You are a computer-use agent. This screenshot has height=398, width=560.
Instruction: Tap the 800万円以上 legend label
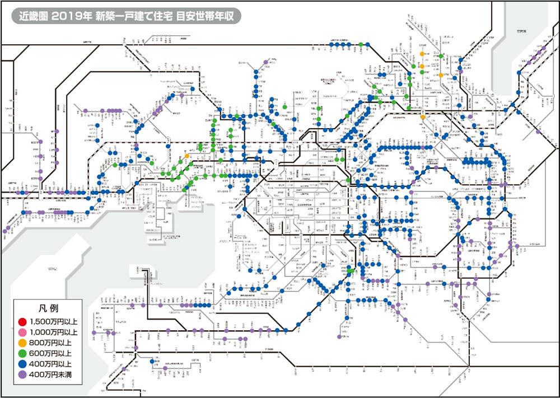(x=50, y=343)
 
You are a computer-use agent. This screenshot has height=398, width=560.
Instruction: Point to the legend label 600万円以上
(x=50, y=353)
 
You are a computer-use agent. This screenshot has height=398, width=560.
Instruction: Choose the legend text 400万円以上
(x=50, y=364)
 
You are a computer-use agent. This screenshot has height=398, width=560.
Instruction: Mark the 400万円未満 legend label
(x=50, y=374)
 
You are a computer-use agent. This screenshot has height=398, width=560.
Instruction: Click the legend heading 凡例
(x=47, y=308)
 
